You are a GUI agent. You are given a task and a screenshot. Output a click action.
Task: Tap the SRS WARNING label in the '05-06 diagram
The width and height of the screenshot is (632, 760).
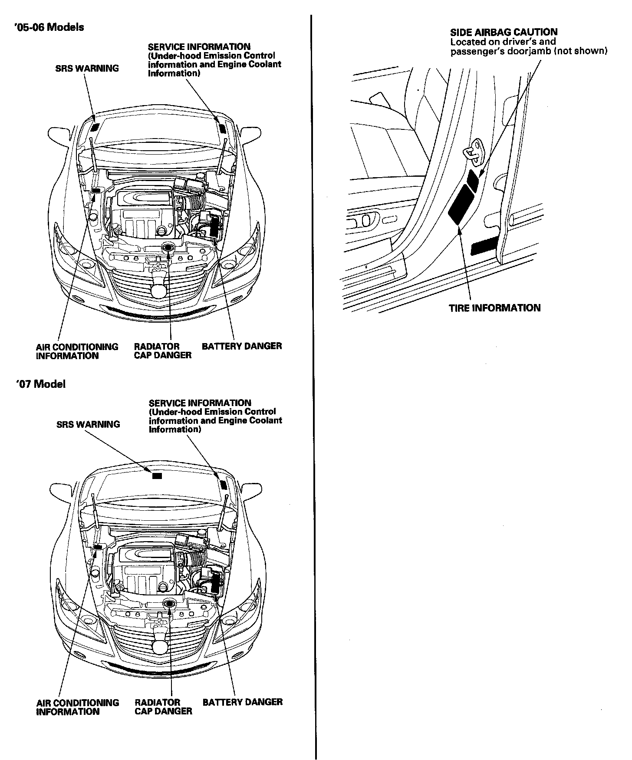pyautogui.click(x=87, y=68)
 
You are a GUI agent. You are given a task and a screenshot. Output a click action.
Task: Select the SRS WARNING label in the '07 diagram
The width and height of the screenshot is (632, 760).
pyautogui.click(x=88, y=424)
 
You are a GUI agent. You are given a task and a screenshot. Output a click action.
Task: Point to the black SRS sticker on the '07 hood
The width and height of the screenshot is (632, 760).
pyautogui.click(x=157, y=476)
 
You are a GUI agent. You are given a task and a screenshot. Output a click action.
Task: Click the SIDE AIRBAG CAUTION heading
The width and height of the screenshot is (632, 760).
pyautogui.click(x=504, y=32)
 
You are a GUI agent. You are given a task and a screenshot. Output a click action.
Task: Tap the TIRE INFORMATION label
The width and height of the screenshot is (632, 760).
pyautogui.click(x=494, y=308)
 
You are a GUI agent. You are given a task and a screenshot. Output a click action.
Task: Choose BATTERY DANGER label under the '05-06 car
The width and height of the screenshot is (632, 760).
pyautogui.click(x=242, y=346)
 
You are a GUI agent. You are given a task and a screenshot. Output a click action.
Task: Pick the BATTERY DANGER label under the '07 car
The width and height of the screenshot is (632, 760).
pyautogui.click(x=243, y=702)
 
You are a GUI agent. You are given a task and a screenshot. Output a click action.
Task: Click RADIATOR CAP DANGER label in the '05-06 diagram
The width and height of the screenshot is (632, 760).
pyautogui.click(x=162, y=351)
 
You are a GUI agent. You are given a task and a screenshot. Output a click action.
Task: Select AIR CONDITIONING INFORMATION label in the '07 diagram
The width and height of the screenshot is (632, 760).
pyautogui.click(x=77, y=707)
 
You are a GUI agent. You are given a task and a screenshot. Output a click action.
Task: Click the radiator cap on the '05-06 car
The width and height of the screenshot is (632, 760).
pyautogui.click(x=168, y=248)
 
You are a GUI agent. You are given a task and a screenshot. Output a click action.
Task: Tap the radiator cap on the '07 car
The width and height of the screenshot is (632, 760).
pyautogui.click(x=168, y=603)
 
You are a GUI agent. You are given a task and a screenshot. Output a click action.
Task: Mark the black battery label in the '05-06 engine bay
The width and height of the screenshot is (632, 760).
pyautogui.click(x=214, y=226)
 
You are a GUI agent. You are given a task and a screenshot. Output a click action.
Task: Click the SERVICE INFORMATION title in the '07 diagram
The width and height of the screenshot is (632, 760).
pyautogui.click(x=200, y=403)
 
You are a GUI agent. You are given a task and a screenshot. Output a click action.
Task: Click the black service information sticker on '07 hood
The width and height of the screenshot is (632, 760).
pyautogui.click(x=224, y=485)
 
